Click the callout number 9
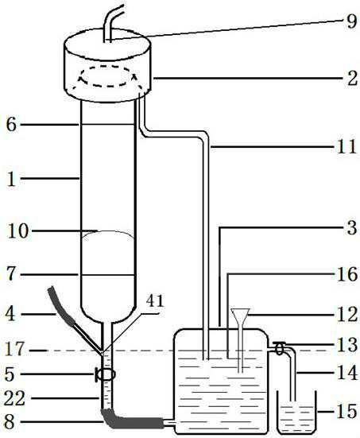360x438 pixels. pos(351,21)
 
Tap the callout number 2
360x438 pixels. pos(352,79)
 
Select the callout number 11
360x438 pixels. pos(347,146)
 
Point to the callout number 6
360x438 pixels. pos(11,125)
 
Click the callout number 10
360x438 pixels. pos(17,231)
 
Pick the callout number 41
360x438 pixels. pos(155,300)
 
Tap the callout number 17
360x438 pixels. pos(14,349)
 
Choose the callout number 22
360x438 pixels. pos(15,398)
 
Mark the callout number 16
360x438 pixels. pos(347,274)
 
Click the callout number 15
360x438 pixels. pos(347,411)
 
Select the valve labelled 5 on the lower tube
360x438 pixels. pos(106,374)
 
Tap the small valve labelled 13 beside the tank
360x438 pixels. pos(280,348)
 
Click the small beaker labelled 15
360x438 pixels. pos(296,413)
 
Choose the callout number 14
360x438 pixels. pos(347,373)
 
